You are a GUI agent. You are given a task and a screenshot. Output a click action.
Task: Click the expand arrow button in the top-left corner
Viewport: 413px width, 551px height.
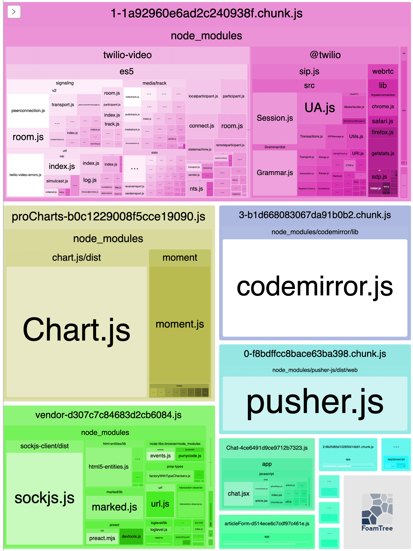pos(14,12)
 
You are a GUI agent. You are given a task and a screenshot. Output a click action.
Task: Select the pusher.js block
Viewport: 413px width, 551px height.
pos(315,403)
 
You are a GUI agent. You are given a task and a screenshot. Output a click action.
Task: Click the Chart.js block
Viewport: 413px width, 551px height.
pos(76,330)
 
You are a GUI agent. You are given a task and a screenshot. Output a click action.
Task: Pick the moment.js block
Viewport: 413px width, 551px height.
pos(180,324)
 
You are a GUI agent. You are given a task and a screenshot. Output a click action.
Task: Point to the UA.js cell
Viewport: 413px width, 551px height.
pos(319,108)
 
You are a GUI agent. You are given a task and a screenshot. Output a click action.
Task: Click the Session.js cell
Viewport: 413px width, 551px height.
pos(275,118)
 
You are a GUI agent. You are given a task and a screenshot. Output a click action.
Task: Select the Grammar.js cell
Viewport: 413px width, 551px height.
pos(275,173)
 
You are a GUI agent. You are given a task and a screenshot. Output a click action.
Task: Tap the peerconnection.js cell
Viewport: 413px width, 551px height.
pos(28,110)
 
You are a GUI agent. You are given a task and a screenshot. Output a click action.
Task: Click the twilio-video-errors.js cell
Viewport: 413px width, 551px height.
pos(25,175)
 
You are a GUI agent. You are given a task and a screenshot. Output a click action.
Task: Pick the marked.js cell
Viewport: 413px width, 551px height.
pos(114,507)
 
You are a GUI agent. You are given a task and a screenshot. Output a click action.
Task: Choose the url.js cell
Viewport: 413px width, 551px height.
pos(160,504)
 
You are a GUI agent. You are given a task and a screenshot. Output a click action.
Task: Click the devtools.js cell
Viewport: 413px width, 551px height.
pos(131,536)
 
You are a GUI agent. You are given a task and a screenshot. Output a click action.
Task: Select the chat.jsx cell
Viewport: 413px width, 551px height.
pos(238,494)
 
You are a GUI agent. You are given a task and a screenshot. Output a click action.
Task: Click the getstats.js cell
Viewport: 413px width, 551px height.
pos(383,153)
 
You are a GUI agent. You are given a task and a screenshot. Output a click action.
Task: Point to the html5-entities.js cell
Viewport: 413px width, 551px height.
pos(108,467)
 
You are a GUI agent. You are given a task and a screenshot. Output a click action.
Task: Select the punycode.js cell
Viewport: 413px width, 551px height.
pos(190,456)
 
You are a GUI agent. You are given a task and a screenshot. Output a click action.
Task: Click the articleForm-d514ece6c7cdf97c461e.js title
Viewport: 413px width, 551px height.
pos(267,524)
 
